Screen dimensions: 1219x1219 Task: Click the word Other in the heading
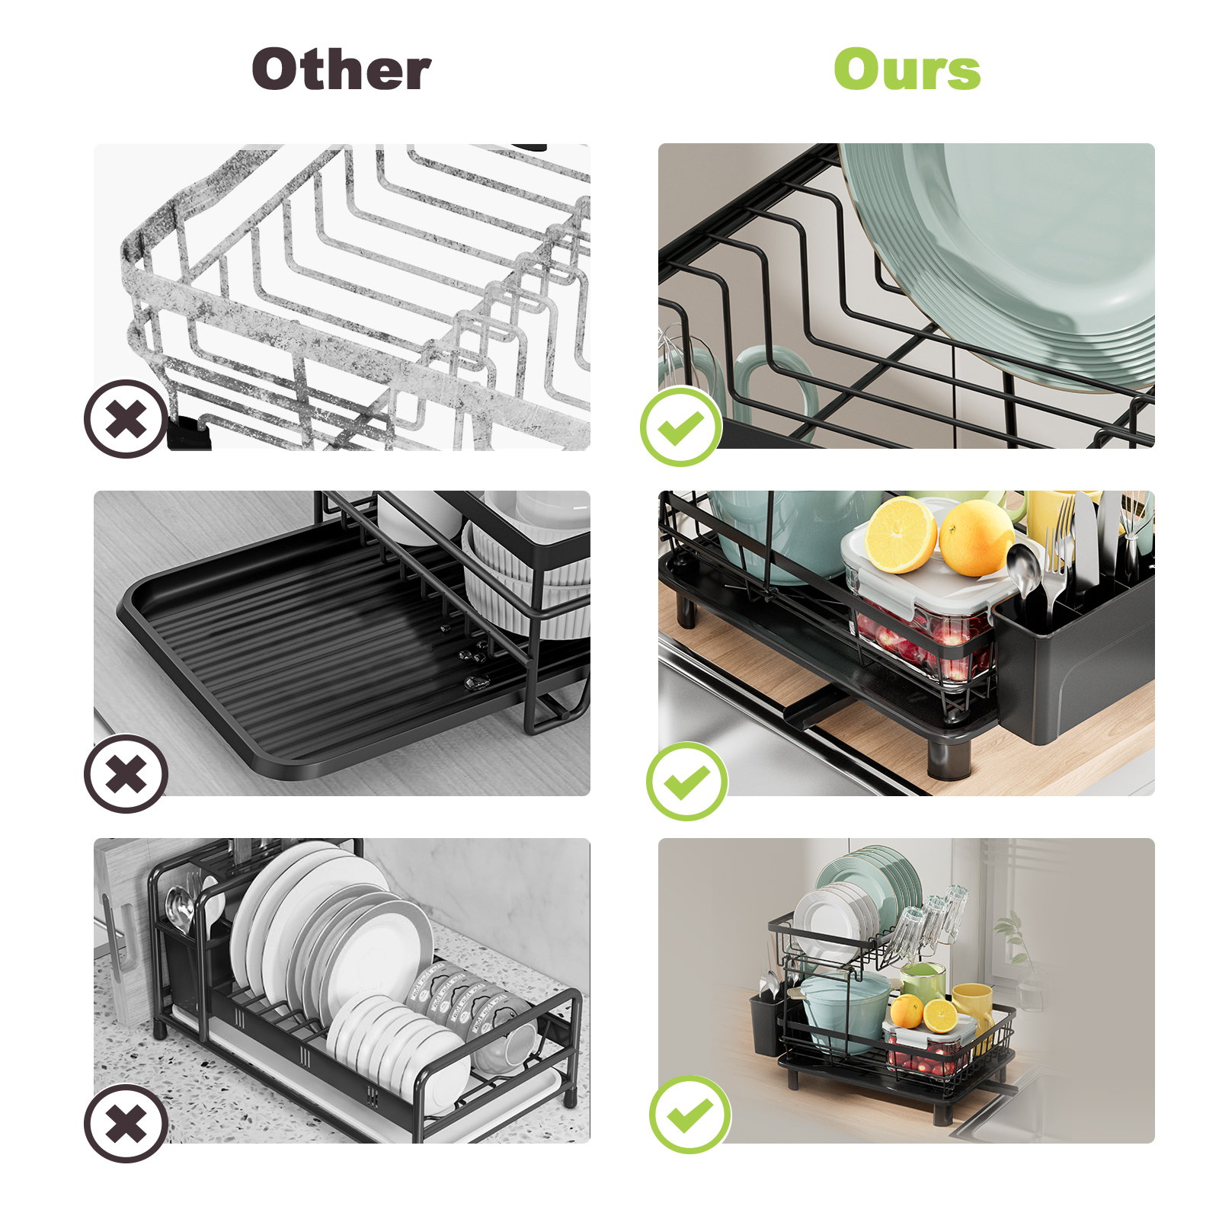pyautogui.click(x=341, y=70)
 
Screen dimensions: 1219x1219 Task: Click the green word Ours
pyautogui.click(x=907, y=70)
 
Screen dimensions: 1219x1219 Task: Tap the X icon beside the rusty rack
pyautogui.click(x=126, y=419)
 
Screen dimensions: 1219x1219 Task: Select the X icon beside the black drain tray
pyautogui.click(x=126, y=774)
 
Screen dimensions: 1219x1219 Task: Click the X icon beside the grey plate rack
pyautogui.click(x=126, y=1123)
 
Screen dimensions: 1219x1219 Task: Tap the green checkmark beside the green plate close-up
pyautogui.click(x=680, y=427)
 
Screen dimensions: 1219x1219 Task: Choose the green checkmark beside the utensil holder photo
pyautogui.click(x=686, y=781)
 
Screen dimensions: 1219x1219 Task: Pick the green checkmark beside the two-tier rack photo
pyautogui.click(x=689, y=1115)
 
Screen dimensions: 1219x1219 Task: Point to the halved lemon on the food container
pyautogui.click(x=901, y=535)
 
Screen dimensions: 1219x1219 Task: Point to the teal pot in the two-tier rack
pyautogui.click(x=842, y=1009)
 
